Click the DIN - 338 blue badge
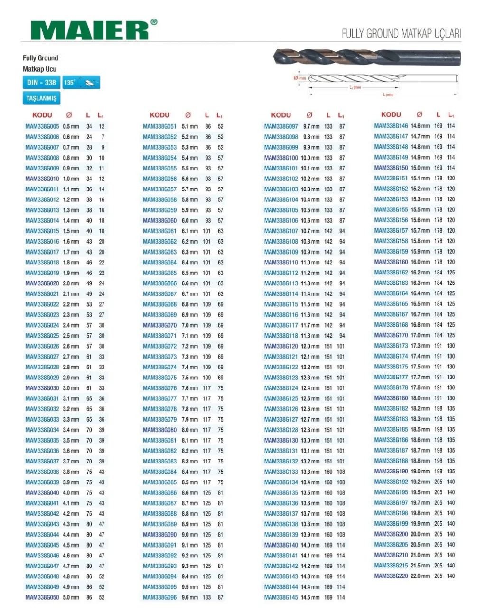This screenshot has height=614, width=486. pyautogui.click(x=41, y=83)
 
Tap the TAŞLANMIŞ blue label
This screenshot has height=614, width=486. pyautogui.click(x=41, y=98)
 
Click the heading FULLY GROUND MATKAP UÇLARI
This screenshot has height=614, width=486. pyautogui.click(x=401, y=33)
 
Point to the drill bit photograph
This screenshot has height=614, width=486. pyautogui.click(x=366, y=58)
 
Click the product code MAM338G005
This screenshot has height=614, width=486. pyautogui.click(x=42, y=126)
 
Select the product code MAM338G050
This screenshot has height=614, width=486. pyautogui.click(x=42, y=597)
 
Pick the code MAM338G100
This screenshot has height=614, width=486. pyautogui.click(x=281, y=158)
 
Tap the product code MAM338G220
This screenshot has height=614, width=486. pyautogui.click(x=391, y=576)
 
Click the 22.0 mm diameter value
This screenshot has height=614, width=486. pyautogui.click(x=420, y=576)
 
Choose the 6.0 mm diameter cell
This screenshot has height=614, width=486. pyautogui.click(x=190, y=220)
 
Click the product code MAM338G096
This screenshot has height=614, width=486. pyautogui.click(x=159, y=597)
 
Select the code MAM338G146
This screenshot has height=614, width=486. pyautogui.click(x=391, y=126)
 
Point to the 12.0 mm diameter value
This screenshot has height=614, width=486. pyautogui.click(x=310, y=346)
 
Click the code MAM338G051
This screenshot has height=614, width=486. pyautogui.click(x=159, y=126)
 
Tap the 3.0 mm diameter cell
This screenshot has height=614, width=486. pyautogui.click(x=71, y=388)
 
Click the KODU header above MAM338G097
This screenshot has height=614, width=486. pyautogui.click(x=281, y=115)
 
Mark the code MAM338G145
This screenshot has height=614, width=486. pyautogui.click(x=281, y=597)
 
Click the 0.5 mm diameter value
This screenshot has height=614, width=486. pyautogui.click(x=71, y=126)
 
